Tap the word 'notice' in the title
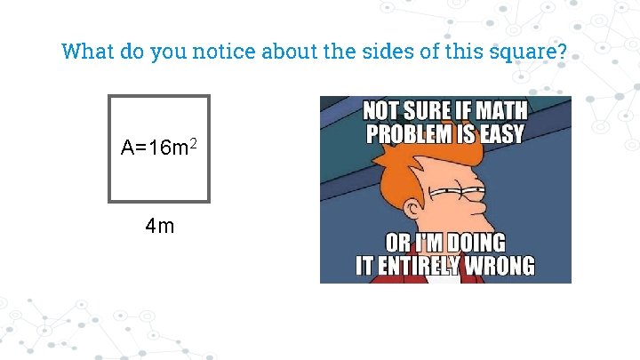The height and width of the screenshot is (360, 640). coord(225,52)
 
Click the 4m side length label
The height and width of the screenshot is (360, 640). coord(160,226)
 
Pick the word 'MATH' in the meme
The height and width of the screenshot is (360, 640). coord(499,112)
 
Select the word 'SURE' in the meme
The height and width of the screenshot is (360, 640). coord(428,112)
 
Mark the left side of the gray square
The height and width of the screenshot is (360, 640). coord(109,148)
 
